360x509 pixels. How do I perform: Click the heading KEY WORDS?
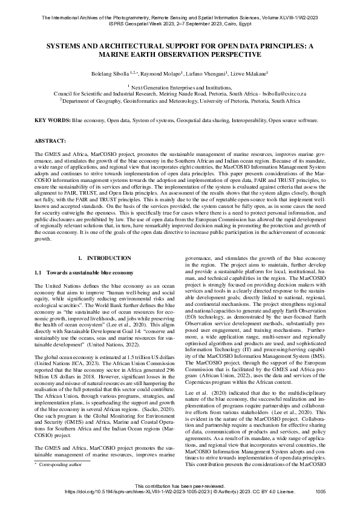click(x=53, y=121)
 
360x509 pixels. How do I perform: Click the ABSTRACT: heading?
click(x=51, y=140)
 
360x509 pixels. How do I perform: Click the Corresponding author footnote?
click(x=61, y=482)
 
